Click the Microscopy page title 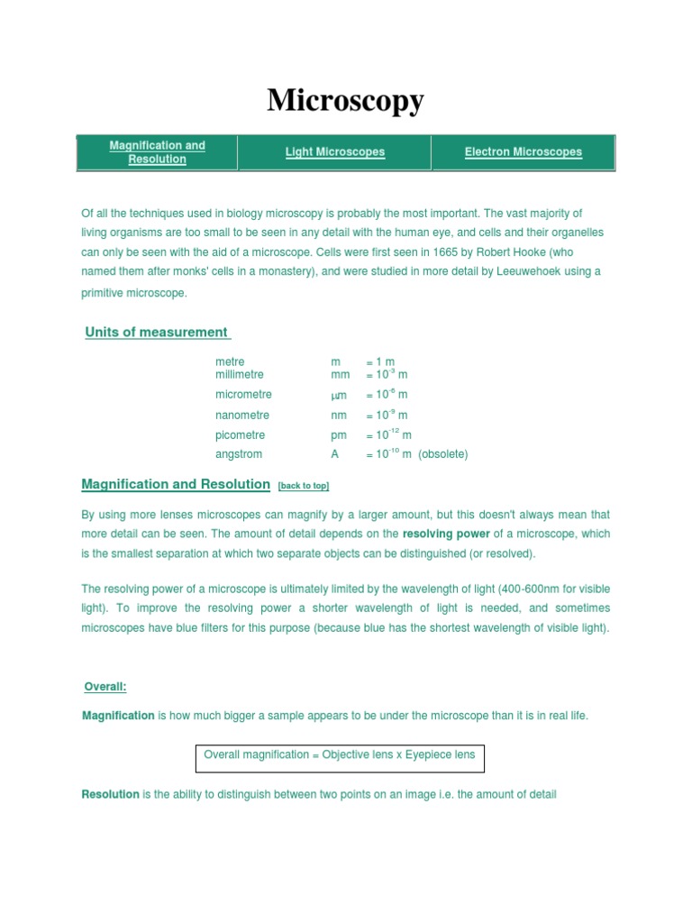click(x=345, y=101)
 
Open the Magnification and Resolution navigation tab click(x=157, y=152)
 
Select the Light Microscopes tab click(x=335, y=152)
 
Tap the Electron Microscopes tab click(x=523, y=152)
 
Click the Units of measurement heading click(x=157, y=333)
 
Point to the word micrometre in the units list click(x=243, y=395)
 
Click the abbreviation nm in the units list click(x=339, y=416)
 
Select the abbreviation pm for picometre click(x=339, y=435)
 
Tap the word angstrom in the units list click(x=239, y=454)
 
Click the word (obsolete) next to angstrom click(x=443, y=454)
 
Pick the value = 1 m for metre click(x=380, y=362)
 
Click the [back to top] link click(x=304, y=486)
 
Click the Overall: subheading click(x=105, y=687)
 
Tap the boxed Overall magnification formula click(x=340, y=755)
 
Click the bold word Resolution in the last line click(x=111, y=795)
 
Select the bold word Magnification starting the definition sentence click(x=119, y=716)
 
